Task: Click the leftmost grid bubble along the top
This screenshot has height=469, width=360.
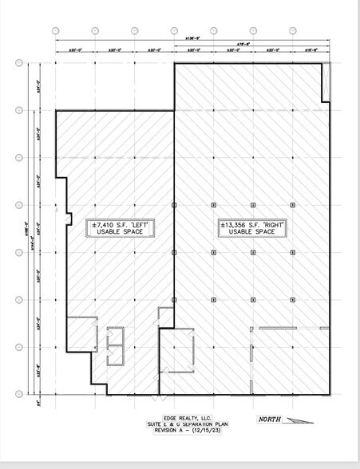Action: (56, 30)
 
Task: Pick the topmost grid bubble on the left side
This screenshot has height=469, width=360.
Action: (18, 63)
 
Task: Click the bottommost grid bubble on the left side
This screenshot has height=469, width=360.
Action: (18, 393)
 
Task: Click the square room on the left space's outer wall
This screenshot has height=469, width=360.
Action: (81, 333)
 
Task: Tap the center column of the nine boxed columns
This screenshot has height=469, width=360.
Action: (251, 252)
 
